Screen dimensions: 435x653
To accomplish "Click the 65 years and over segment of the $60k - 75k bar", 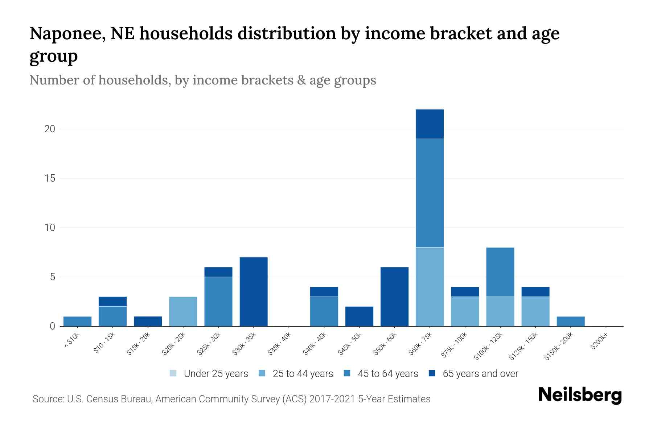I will [430, 124].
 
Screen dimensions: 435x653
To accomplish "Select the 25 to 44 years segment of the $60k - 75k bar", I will [430, 287].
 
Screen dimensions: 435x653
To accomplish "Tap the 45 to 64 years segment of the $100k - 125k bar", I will [500, 272].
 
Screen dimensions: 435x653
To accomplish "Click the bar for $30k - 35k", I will [254, 292].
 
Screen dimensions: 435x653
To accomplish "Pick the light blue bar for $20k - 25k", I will [183, 311].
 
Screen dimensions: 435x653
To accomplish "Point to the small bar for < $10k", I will [77, 321].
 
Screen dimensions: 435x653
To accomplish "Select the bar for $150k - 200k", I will [571, 321].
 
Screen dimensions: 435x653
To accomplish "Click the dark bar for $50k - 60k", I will [394, 297].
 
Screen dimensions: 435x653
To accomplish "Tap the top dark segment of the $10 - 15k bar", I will [112, 302].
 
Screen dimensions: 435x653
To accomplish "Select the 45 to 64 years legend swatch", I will [347, 373].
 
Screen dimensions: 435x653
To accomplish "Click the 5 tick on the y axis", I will [52, 277].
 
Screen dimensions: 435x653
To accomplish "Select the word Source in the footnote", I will [48, 399].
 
